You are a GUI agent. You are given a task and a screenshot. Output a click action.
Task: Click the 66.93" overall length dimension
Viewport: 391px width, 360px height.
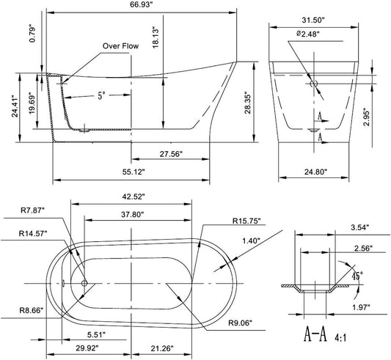click(x=141, y=5)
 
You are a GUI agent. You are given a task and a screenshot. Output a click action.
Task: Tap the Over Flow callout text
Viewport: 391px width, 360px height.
click(x=120, y=46)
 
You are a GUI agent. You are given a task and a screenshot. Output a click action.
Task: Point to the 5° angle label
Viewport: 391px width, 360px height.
click(x=101, y=95)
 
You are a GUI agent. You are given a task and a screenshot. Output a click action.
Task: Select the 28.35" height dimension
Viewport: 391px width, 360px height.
click(x=248, y=103)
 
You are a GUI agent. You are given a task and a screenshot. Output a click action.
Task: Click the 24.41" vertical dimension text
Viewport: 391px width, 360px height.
click(x=15, y=106)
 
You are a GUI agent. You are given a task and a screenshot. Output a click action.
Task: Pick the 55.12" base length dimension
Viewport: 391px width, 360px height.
click(x=134, y=172)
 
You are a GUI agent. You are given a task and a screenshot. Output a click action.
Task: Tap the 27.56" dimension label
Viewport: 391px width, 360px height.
click(x=171, y=154)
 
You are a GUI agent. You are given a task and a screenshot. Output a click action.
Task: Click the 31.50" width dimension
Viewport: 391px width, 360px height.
click(x=313, y=20)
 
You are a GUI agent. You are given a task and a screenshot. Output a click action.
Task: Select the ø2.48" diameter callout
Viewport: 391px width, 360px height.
click(x=308, y=34)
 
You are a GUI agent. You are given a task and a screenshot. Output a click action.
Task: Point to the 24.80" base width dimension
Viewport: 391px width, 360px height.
click(x=315, y=172)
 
